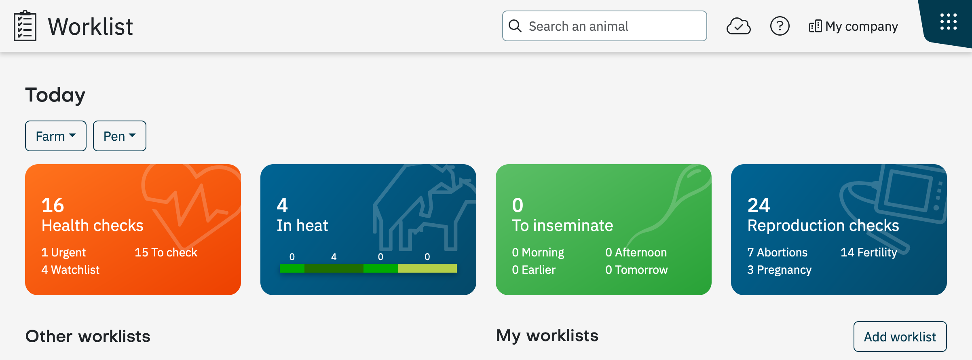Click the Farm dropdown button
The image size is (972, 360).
(x=56, y=136)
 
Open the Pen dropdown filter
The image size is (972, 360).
(x=120, y=136)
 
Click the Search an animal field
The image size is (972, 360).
(x=604, y=26)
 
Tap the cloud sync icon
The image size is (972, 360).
(x=739, y=26)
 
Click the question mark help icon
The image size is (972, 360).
(x=780, y=26)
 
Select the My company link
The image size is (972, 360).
(x=854, y=26)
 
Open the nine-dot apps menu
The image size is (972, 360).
(x=949, y=22)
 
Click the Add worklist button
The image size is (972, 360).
(x=900, y=337)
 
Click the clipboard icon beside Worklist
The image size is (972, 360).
(x=25, y=26)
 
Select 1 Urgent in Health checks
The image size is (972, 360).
(x=63, y=252)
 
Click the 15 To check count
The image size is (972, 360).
(x=166, y=252)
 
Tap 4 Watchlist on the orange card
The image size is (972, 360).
(x=70, y=270)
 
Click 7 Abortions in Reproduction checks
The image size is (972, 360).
(x=777, y=252)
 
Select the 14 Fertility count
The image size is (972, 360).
(x=869, y=252)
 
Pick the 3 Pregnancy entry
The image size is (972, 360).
(x=779, y=270)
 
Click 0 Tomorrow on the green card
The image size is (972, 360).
(x=636, y=270)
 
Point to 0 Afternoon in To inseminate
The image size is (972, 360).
(x=636, y=252)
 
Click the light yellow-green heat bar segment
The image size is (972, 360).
(x=427, y=268)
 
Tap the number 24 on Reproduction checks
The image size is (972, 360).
(x=759, y=205)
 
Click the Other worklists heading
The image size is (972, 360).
(x=88, y=336)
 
